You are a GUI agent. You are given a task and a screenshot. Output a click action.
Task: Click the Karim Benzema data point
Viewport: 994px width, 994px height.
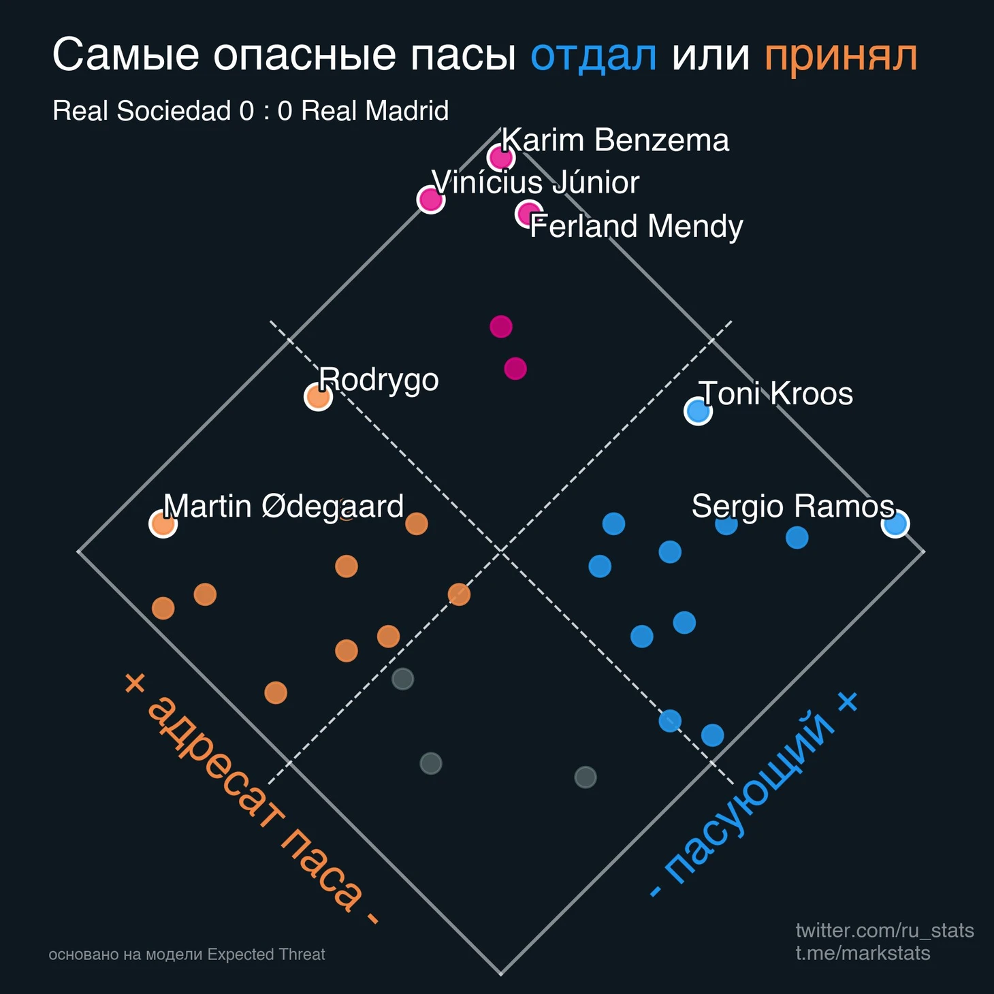pos(501,158)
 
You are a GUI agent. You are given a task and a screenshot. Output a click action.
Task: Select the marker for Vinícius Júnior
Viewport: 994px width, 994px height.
pos(430,200)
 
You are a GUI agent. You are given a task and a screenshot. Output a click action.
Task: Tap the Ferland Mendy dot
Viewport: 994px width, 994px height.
pos(529,214)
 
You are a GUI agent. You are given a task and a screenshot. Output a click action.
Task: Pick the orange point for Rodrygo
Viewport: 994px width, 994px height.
pos(318,396)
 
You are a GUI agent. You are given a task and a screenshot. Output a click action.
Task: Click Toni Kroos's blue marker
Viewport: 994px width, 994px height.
pos(698,411)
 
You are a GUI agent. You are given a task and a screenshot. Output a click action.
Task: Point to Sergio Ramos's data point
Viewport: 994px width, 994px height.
pos(895,524)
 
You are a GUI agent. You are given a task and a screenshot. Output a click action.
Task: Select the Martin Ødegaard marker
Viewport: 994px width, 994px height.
pos(163,524)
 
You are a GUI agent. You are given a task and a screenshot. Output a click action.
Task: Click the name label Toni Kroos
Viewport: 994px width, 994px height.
pos(775,394)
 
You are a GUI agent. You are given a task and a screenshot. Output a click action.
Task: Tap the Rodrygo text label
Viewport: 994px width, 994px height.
pos(379,379)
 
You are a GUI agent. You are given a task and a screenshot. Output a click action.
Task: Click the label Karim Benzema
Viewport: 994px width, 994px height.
pos(615,140)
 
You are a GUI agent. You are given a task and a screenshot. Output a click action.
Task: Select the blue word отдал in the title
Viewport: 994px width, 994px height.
pos(594,56)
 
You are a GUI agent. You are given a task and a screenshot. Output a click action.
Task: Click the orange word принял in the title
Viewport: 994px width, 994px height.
pos(841,56)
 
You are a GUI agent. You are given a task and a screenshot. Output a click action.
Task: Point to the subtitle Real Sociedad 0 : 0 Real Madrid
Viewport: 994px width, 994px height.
pos(251,111)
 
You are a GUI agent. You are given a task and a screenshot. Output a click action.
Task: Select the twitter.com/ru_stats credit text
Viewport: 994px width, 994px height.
pos(884,930)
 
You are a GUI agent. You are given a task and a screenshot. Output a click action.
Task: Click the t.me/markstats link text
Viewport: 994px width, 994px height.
pos(863,952)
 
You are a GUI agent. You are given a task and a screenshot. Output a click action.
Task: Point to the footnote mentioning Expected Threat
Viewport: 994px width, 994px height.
pos(187,955)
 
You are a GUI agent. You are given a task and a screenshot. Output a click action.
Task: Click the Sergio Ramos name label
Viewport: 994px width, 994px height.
pos(792,507)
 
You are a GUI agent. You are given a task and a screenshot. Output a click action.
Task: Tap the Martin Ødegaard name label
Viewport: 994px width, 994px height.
pos(283,507)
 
